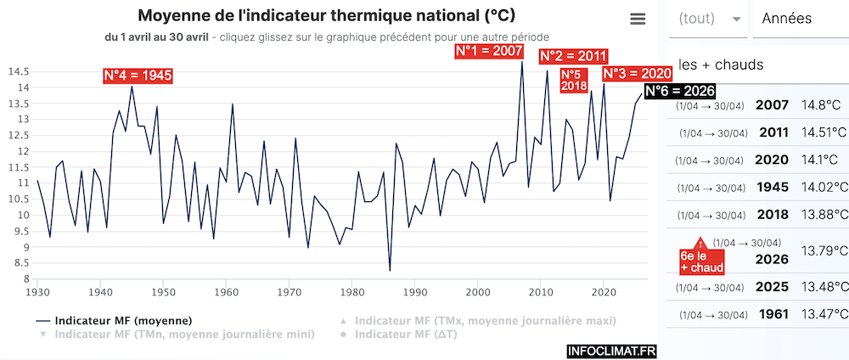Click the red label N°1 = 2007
click(x=489, y=52)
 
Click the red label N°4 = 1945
click(x=138, y=76)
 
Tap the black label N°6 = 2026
click(x=679, y=91)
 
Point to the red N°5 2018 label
click(x=574, y=80)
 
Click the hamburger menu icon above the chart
click(x=638, y=20)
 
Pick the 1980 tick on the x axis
click(x=352, y=292)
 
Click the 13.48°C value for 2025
click(x=824, y=288)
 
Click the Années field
click(x=798, y=19)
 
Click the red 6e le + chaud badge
click(x=701, y=261)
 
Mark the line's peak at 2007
click(x=521, y=62)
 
